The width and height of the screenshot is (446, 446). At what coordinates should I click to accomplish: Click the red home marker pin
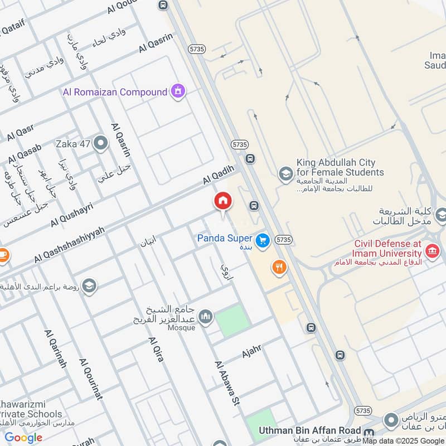click(223, 201)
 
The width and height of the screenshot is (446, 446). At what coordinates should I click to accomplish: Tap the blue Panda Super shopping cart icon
click(263, 241)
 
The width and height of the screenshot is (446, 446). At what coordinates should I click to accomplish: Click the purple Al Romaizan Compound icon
click(178, 91)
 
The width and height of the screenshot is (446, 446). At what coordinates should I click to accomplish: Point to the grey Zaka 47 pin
click(100, 144)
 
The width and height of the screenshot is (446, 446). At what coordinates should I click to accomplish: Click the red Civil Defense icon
click(432, 251)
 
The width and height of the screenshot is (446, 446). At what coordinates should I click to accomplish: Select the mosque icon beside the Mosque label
click(206, 317)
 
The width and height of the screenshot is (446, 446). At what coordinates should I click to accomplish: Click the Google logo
click(23, 438)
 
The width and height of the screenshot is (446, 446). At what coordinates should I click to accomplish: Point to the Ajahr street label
click(251, 352)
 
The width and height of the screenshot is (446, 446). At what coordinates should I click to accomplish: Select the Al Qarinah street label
click(55, 348)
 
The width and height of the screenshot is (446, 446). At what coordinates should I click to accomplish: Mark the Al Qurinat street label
click(91, 379)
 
